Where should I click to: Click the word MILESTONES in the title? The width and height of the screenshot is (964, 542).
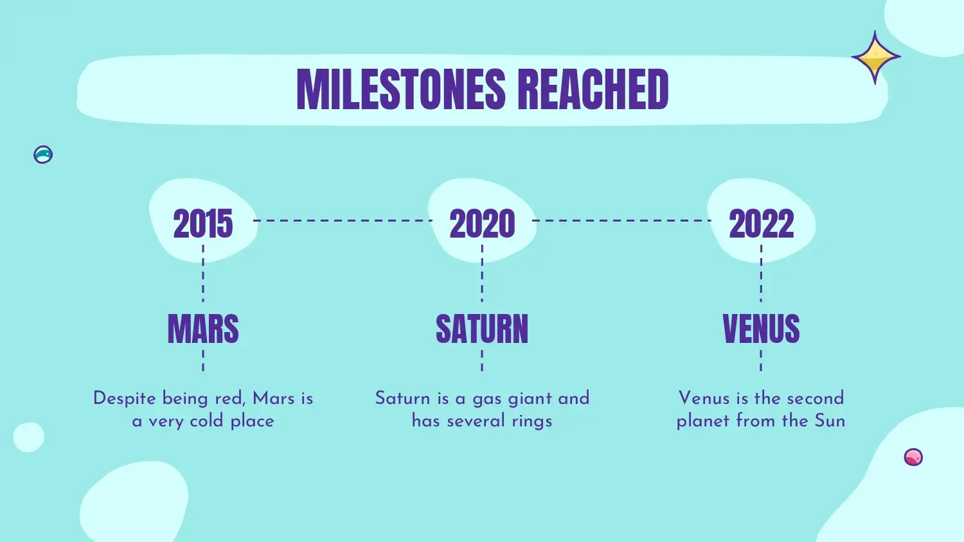pyautogui.click(x=401, y=89)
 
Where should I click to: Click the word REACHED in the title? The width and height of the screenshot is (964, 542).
pyautogui.click(x=593, y=89)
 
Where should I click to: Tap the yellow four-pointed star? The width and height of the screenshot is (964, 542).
pyautogui.click(x=875, y=57)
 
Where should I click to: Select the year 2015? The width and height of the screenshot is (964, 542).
pyautogui.click(x=202, y=223)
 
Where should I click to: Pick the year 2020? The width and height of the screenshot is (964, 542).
pyautogui.click(x=482, y=223)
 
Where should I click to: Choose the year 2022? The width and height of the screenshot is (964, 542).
pyautogui.click(x=762, y=223)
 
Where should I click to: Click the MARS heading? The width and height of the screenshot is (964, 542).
pyautogui.click(x=203, y=329)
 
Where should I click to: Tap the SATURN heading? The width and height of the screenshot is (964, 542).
pyautogui.click(x=482, y=329)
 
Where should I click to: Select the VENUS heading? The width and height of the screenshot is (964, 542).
pyautogui.click(x=762, y=329)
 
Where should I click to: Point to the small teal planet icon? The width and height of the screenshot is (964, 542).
pyautogui.click(x=43, y=154)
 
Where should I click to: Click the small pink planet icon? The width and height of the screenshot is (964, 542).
pyautogui.click(x=913, y=457)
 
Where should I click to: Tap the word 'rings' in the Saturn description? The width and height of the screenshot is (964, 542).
pyautogui.click(x=532, y=421)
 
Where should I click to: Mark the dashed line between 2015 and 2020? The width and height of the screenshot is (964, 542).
pyautogui.click(x=343, y=221)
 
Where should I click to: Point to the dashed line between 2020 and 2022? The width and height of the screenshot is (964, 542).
pyautogui.click(x=622, y=221)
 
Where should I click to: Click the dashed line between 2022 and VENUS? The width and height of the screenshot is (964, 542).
pyautogui.click(x=761, y=273)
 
